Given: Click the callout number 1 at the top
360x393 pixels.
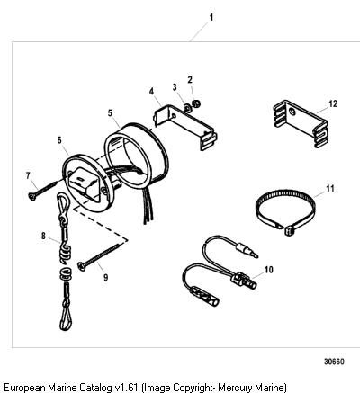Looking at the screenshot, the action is pyautogui.click(x=211, y=17).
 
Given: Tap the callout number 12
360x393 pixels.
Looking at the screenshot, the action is pyautogui.click(x=333, y=103).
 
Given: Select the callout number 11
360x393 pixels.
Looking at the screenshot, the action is pyautogui.click(x=330, y=189).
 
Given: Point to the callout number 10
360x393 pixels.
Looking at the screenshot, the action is pyautogui.click(x=269, y=270).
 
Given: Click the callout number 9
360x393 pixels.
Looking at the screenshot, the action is pyautogui.click(x=106, y=278).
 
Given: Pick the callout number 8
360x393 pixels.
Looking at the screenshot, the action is pyautogui.click(x=43, y=236).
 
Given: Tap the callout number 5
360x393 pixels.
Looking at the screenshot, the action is pyautogui.click(x=110, y=113).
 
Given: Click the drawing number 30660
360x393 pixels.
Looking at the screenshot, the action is pyautogui.click(x=334, y=362).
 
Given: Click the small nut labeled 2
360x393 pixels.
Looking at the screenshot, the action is pyautogui.click(x=196, y=103).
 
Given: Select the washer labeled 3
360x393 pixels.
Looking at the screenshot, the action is pyautogui.click(x=186, y=107).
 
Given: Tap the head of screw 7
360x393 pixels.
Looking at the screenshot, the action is pyautogui.click(x=31, y=196).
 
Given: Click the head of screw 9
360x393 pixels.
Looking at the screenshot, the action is pyautogui.click(x=81, y=265).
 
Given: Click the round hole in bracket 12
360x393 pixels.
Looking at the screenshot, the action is pyautogui.click(x=292, y=112).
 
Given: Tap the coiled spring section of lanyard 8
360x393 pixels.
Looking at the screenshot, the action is pyautogui.click(x=65, y=254).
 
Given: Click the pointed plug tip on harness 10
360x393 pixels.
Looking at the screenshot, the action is pyautogui.click(x=255, y=255).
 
